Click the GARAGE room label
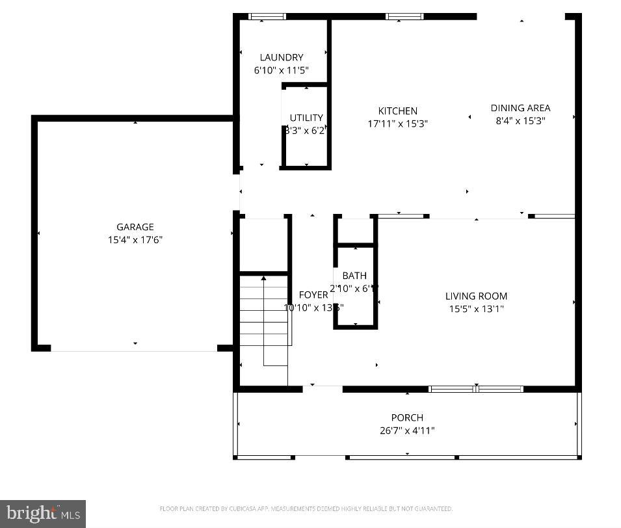135,227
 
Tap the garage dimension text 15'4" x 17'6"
135,240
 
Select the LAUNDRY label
281,57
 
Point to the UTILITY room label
306,118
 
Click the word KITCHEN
398,111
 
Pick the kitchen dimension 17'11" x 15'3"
398,124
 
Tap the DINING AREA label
520,108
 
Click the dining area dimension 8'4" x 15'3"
520,120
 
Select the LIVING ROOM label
476,296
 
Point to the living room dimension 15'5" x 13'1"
476,309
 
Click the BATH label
354,276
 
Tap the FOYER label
313,295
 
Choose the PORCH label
407,417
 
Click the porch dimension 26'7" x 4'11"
407,430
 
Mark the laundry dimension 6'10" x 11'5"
281,70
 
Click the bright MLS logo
43,514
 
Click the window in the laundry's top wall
267,16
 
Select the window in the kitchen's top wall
404,16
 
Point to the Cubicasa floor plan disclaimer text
306,508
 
